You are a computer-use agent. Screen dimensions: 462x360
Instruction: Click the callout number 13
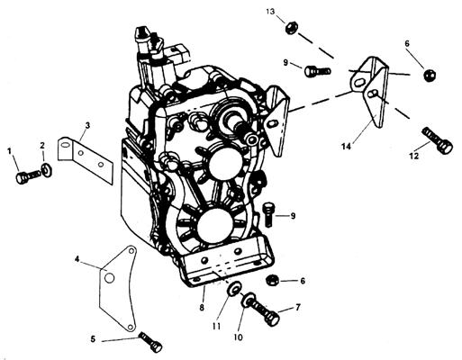tap(270, 12)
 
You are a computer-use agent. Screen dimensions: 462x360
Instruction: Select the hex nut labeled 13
tap(291, 28)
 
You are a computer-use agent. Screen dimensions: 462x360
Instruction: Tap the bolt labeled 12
tap(437, 140)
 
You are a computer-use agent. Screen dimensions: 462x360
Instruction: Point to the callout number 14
tap(346, 147)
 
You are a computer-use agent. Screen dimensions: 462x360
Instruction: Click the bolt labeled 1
tap(27, 176)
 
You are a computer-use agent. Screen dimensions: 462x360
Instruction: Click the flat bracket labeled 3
tap(85, 158)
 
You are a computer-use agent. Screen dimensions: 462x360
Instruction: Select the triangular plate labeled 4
tap(118, 289)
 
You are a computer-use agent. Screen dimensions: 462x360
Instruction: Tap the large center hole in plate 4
tap(109, 278)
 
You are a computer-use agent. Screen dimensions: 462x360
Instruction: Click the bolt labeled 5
tap(150, 342)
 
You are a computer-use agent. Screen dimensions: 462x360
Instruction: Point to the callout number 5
tap(93, 339)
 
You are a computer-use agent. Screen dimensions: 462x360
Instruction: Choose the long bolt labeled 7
tap(261, 310)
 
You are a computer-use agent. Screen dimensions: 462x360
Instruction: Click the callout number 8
tap(202, 307)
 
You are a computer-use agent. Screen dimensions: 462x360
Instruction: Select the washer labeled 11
tap(234, 288)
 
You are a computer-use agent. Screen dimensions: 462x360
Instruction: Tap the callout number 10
tap(238, 337)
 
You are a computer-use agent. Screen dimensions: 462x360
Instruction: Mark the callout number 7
tap(298, 307)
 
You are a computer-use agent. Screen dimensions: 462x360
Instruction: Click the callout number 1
tap(10, 151)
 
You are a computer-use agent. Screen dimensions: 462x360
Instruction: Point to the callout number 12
tap(414, 156)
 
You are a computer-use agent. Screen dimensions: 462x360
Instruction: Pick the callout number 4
tap(77, 259)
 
